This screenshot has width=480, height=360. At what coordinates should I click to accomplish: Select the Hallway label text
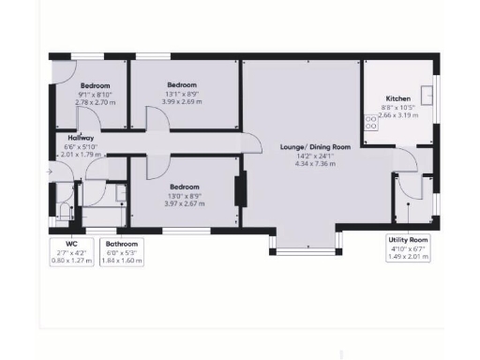point(81,138)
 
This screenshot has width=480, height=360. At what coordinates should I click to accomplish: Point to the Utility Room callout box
point(409,247)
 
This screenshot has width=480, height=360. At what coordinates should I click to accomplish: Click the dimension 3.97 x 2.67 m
point(184,202)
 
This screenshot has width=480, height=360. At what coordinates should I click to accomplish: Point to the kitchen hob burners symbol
point(369,121)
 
